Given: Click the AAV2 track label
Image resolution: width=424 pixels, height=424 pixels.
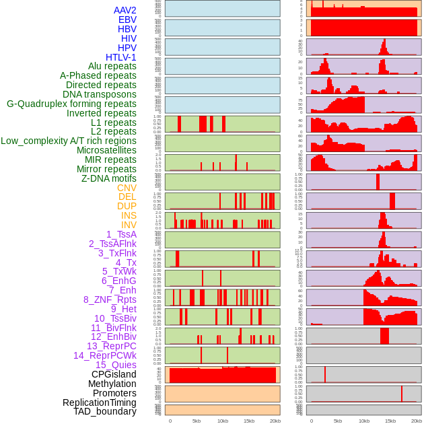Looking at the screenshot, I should point(125,10).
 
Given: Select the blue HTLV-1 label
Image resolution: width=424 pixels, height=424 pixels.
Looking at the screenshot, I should point(120,57).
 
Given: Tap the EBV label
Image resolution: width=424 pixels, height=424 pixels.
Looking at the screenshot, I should point(127,20).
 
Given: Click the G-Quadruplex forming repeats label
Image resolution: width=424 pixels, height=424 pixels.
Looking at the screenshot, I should point(71,104).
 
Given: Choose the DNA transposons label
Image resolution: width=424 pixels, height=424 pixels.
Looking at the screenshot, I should point(100,94).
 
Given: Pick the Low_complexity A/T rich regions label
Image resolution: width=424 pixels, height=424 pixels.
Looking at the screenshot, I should point(69,141).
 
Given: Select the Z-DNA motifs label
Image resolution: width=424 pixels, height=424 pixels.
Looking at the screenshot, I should point(109,178).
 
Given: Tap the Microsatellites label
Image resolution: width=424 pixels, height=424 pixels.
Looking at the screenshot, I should point(106,150).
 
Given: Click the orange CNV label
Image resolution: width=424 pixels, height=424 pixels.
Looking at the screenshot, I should point(127,188).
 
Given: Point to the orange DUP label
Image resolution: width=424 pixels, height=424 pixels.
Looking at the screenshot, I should point(127,206).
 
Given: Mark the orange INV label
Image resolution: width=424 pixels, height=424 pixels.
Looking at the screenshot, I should point(129,225).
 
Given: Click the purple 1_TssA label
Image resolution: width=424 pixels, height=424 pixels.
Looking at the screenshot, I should point(121,234).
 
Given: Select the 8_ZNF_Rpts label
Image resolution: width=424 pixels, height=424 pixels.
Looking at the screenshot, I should point(110,299).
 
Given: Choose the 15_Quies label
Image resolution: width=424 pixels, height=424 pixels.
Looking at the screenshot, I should point(115,365).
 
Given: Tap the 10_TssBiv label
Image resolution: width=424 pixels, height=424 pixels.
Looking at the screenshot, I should point(115,318).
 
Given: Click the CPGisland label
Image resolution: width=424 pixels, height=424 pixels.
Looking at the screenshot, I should point(114,374).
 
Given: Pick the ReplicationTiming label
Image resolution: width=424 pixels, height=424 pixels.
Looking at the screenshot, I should point(100,402).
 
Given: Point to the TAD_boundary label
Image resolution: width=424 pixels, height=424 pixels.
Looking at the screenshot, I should point(104,411).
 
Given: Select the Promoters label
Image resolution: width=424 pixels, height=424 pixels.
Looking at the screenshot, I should point(114,393).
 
